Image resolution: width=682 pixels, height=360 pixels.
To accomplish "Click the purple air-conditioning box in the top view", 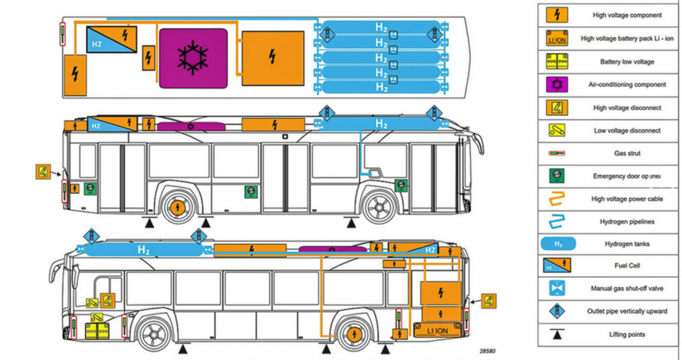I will (193, 58).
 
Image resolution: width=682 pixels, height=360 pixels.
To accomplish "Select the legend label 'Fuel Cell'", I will (627, 266).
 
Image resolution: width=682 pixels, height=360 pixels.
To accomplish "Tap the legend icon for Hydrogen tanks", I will (558, 244).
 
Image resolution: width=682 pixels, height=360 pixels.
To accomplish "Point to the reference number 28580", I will (487, 351).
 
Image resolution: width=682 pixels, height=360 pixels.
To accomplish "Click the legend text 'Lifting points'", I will (627, 334).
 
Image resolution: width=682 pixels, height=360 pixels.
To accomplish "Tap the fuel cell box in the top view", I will (111, 39).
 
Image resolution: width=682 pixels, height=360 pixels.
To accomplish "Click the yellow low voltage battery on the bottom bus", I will (97, 331).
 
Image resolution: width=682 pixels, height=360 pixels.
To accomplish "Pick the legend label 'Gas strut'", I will (627, 153).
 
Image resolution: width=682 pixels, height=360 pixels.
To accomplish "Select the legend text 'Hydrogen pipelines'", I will (627, 222).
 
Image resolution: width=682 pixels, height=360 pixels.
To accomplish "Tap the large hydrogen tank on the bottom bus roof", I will (144, 249).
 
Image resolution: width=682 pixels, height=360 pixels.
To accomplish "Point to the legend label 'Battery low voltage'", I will (627, 62).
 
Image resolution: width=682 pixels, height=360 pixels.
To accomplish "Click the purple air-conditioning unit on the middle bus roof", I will (191, 126).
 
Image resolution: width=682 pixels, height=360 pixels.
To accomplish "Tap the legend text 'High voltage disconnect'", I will (627, 108).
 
